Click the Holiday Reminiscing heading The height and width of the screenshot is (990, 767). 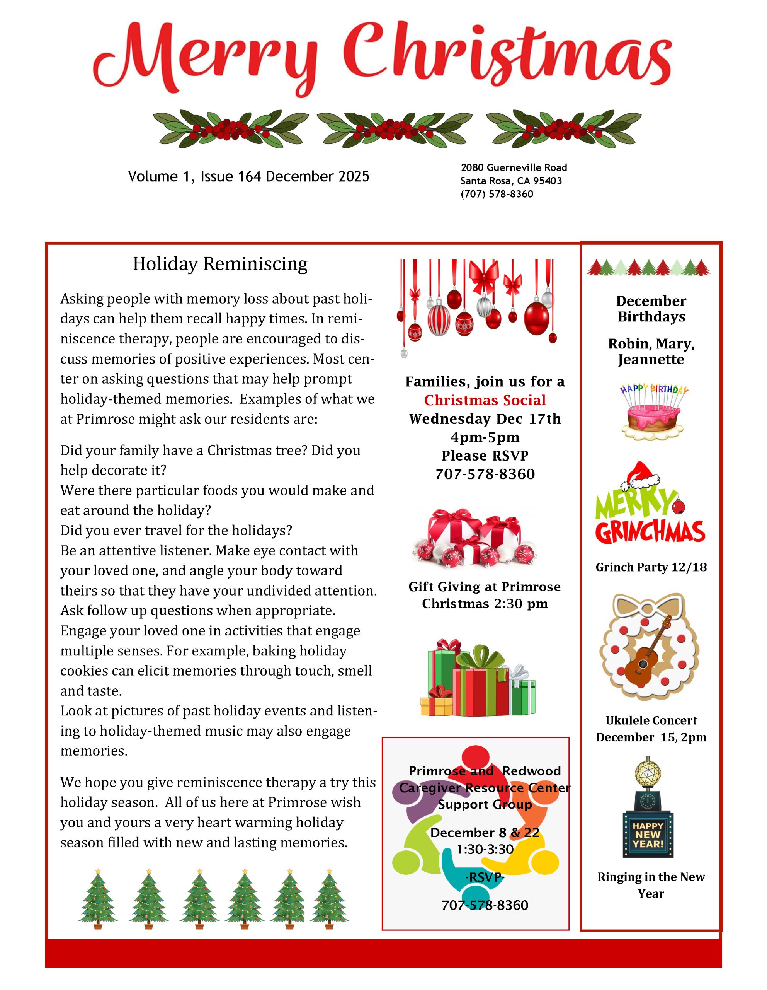click(x=220, y=264)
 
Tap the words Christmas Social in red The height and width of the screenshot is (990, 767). click(x=485, y=400)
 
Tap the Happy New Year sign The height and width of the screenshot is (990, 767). click(x=648, y=835)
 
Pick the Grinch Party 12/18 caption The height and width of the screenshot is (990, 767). click(x=651, y=567)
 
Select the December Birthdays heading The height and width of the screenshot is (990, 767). click(x=651, y=309)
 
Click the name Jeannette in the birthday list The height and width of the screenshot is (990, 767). click(x=651, y=360)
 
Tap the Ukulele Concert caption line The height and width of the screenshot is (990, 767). click(x=651, y=720)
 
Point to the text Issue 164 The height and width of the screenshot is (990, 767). click(x=231, y=176)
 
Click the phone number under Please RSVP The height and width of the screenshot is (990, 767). click(x=485, y=474)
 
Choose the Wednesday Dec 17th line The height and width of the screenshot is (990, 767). click(x=485, y=419)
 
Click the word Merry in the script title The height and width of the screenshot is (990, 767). click(x=204, y=57)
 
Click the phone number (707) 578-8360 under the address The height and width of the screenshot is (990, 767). click(x=497, y=194)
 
